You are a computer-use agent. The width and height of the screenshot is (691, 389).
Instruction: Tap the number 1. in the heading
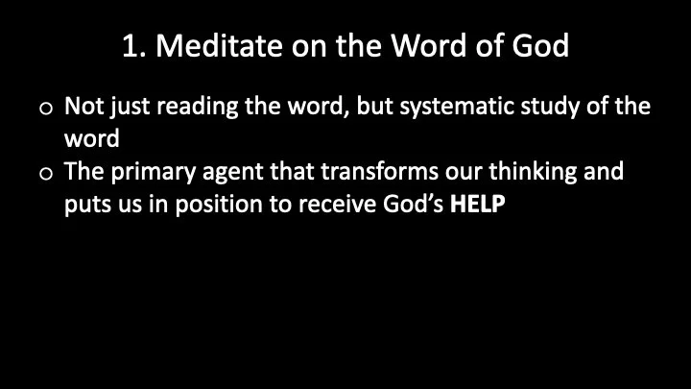tap(135, 46)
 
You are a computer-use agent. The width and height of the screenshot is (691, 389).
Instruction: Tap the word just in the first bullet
tap(128, 109)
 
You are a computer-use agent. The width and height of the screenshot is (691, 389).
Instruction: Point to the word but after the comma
tap(371, 109)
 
